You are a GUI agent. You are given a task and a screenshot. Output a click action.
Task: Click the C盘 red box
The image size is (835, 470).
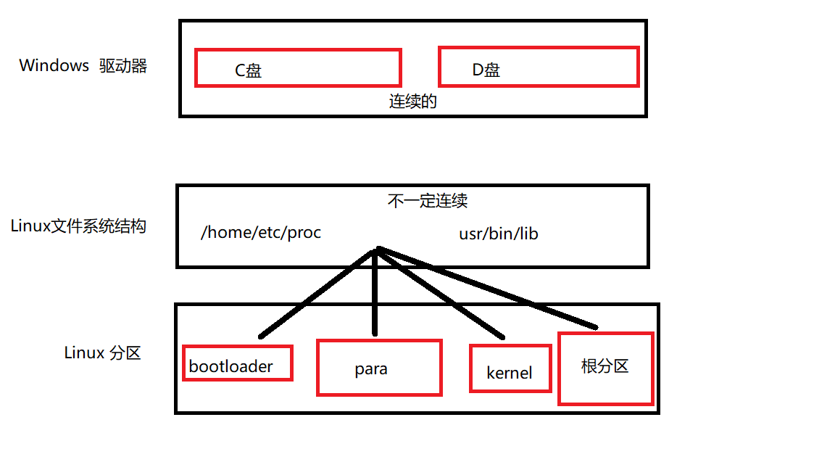click(x=298, y=68)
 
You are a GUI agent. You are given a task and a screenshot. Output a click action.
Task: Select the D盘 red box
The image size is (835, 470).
click(x=539, y=67)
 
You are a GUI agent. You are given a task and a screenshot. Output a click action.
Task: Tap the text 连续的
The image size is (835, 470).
click(x=413, y=102)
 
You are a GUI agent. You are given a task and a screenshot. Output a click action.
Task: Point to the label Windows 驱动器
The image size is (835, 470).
click(x=83, y=66)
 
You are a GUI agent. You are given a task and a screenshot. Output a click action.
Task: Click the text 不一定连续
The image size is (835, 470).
click(x=427, y=201)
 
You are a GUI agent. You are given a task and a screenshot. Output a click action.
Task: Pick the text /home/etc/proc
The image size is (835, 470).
click(x=261, y=234)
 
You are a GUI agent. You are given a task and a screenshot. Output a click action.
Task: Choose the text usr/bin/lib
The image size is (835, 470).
click(x=499, y=234)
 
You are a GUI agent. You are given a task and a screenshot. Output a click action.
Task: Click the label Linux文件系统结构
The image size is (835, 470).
click(x=78, y=226)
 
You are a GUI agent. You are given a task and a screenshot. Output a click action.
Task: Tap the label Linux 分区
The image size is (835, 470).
click(x=102, y=353)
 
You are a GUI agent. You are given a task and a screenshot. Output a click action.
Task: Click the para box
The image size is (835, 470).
click(x=379, y=368)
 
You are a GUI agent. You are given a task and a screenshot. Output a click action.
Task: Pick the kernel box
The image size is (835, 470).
click(x=510, y=368)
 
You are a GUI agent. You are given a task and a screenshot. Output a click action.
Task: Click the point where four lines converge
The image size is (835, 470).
click(x=375, y=250)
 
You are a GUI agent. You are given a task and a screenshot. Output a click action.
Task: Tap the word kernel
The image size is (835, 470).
click(x=510, y=374)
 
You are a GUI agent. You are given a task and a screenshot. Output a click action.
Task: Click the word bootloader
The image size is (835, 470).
click(x=230, y=366)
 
